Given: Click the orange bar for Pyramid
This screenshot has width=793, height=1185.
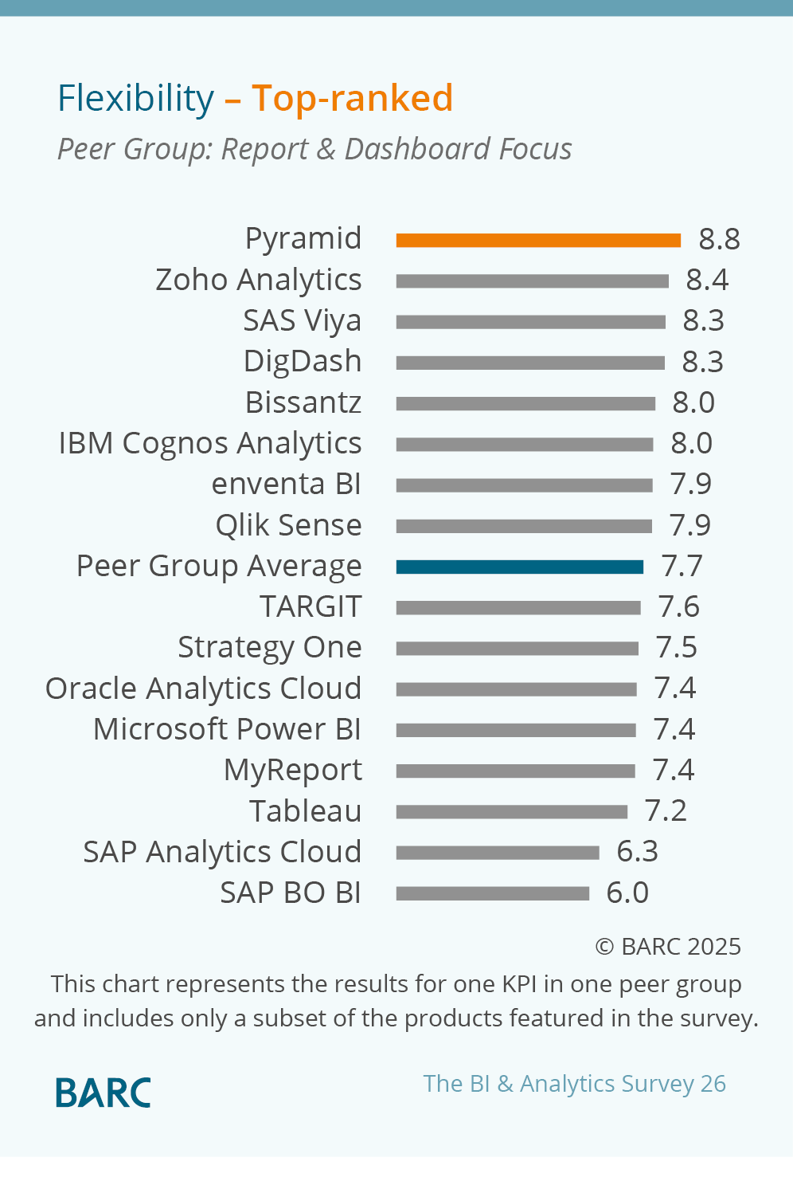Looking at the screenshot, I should [x=538, y=240].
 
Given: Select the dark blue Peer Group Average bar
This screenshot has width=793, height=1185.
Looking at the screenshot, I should [x=519, y=567].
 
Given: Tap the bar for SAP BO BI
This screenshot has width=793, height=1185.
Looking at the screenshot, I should [x=492, y=893].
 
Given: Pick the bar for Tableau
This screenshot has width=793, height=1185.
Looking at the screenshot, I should [x=511, y=812].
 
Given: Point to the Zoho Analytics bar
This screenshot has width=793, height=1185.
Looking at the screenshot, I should [x=532, y=281].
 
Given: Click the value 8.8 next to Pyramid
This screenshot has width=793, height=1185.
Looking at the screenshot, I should [x=719, y=239].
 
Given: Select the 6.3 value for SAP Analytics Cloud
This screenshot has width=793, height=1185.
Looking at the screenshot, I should [x=637, y=851].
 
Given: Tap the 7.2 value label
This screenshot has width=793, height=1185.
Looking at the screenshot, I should [x=666, y=810].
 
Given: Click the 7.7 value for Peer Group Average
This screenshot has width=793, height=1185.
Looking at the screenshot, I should [x=682, y=566].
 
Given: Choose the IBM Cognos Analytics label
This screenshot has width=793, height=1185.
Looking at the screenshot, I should [x=210, y=443].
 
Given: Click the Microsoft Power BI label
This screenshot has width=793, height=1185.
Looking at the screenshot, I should [x=227, y=729].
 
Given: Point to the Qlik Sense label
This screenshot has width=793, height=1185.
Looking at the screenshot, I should [x=288, y=525].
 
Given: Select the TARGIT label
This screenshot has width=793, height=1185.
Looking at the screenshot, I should [x=311, y=606].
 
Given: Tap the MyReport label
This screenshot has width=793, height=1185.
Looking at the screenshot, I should [x=292, y=770].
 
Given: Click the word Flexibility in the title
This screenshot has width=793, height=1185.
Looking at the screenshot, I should [x=136, y=99].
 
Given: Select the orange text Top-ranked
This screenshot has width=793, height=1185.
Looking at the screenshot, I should [x=352, y=99].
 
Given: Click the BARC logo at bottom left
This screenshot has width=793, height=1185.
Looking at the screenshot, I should [x=103, y=1093].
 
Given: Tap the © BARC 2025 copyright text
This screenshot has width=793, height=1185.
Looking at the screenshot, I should [x=668, y=946].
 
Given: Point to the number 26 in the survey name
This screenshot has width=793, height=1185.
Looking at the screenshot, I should [x=713, y=1084].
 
